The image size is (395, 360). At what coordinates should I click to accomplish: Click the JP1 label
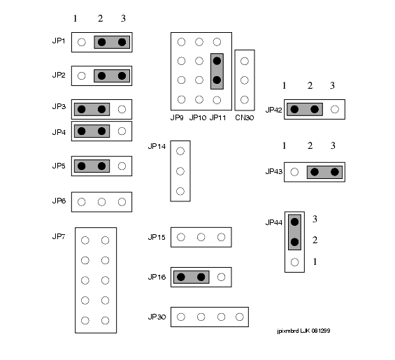pyautogui.click(x=59, y=41)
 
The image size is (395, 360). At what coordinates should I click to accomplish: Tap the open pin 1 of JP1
pyautogui.click(x=81, y=42)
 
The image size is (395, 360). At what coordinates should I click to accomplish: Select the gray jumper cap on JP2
pyautogui.click(x=112, y=75)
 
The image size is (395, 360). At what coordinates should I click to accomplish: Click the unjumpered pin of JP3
pyautogui.click(x=122, y=109)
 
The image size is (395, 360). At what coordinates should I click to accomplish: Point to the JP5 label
pyautogui.click(x=59, y=166)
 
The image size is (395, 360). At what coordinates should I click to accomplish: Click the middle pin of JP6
pyautogui.click(x=101, y=202)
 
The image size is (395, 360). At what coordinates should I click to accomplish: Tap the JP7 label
pyautogui.click(x=59, y=236)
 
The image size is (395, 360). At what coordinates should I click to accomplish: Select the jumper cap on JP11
pyautogui.click(x=217, y=71)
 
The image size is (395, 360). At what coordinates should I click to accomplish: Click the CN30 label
pyautogui.click(x=245, y=117)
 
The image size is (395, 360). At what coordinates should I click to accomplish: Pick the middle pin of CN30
pyautogui.click(x=245, y=80)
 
